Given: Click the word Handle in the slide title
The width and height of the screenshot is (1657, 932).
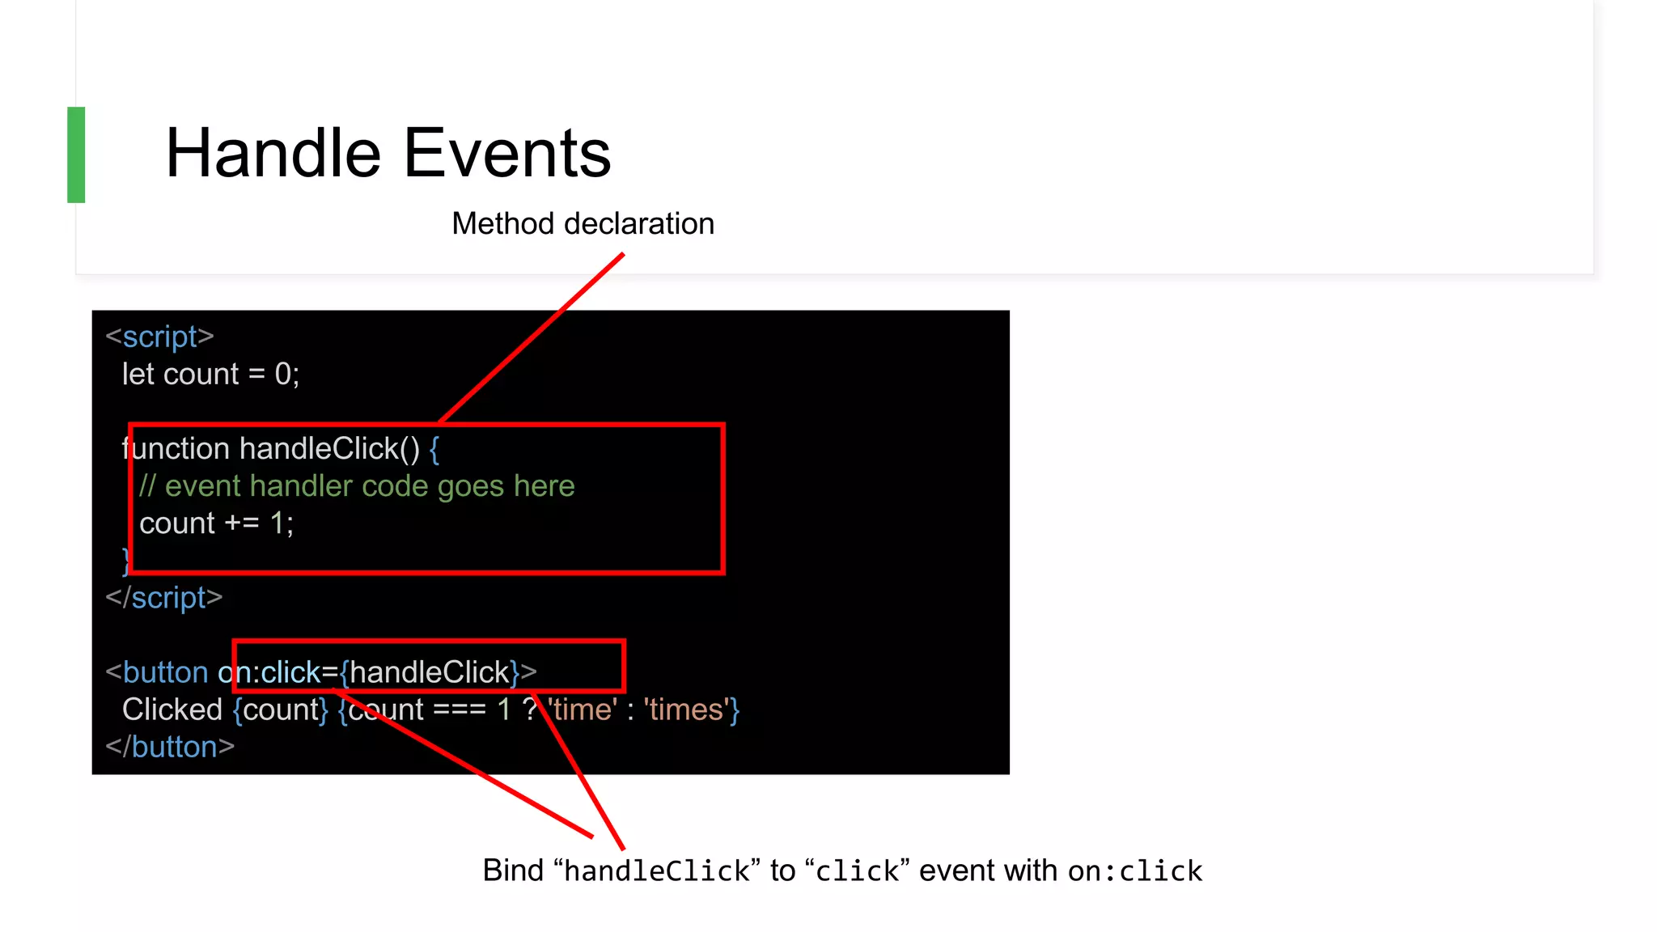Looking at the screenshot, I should (x=273, y=154).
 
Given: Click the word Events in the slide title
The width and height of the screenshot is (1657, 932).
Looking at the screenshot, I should (x=507, y=154).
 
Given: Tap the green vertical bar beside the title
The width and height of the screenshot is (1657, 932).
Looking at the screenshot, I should (x=76, y=155).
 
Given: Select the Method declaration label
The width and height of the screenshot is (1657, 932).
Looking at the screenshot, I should (x=583, y=224).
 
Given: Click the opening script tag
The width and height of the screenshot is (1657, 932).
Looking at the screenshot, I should (x=159, y=337).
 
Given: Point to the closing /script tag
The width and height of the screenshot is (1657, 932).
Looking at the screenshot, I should (x=163, y=598).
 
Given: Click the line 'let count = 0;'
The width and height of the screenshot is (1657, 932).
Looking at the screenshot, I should (x=210, y=375).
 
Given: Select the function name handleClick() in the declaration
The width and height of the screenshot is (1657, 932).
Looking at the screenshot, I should (x=329, y=449).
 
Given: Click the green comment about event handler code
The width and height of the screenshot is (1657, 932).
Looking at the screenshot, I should (x=357, y=486).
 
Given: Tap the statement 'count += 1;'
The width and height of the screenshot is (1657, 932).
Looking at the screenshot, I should (x=216, y=523).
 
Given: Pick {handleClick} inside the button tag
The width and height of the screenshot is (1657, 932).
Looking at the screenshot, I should (x=430, y=672).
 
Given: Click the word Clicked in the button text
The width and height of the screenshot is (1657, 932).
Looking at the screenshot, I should (x=172, y=710).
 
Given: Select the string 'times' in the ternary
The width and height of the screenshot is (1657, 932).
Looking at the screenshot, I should (x=686, y=710).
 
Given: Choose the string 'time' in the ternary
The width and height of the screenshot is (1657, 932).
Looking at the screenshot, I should (x=583, y=710).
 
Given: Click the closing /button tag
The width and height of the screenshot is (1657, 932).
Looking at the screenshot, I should (x=170, y=747).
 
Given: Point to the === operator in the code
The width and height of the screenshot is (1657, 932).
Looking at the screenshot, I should (x=460, y=710).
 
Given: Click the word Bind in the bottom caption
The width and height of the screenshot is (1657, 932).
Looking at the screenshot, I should (x=513, y=871).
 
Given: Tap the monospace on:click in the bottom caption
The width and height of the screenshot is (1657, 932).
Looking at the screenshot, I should (x=1134, y=871).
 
